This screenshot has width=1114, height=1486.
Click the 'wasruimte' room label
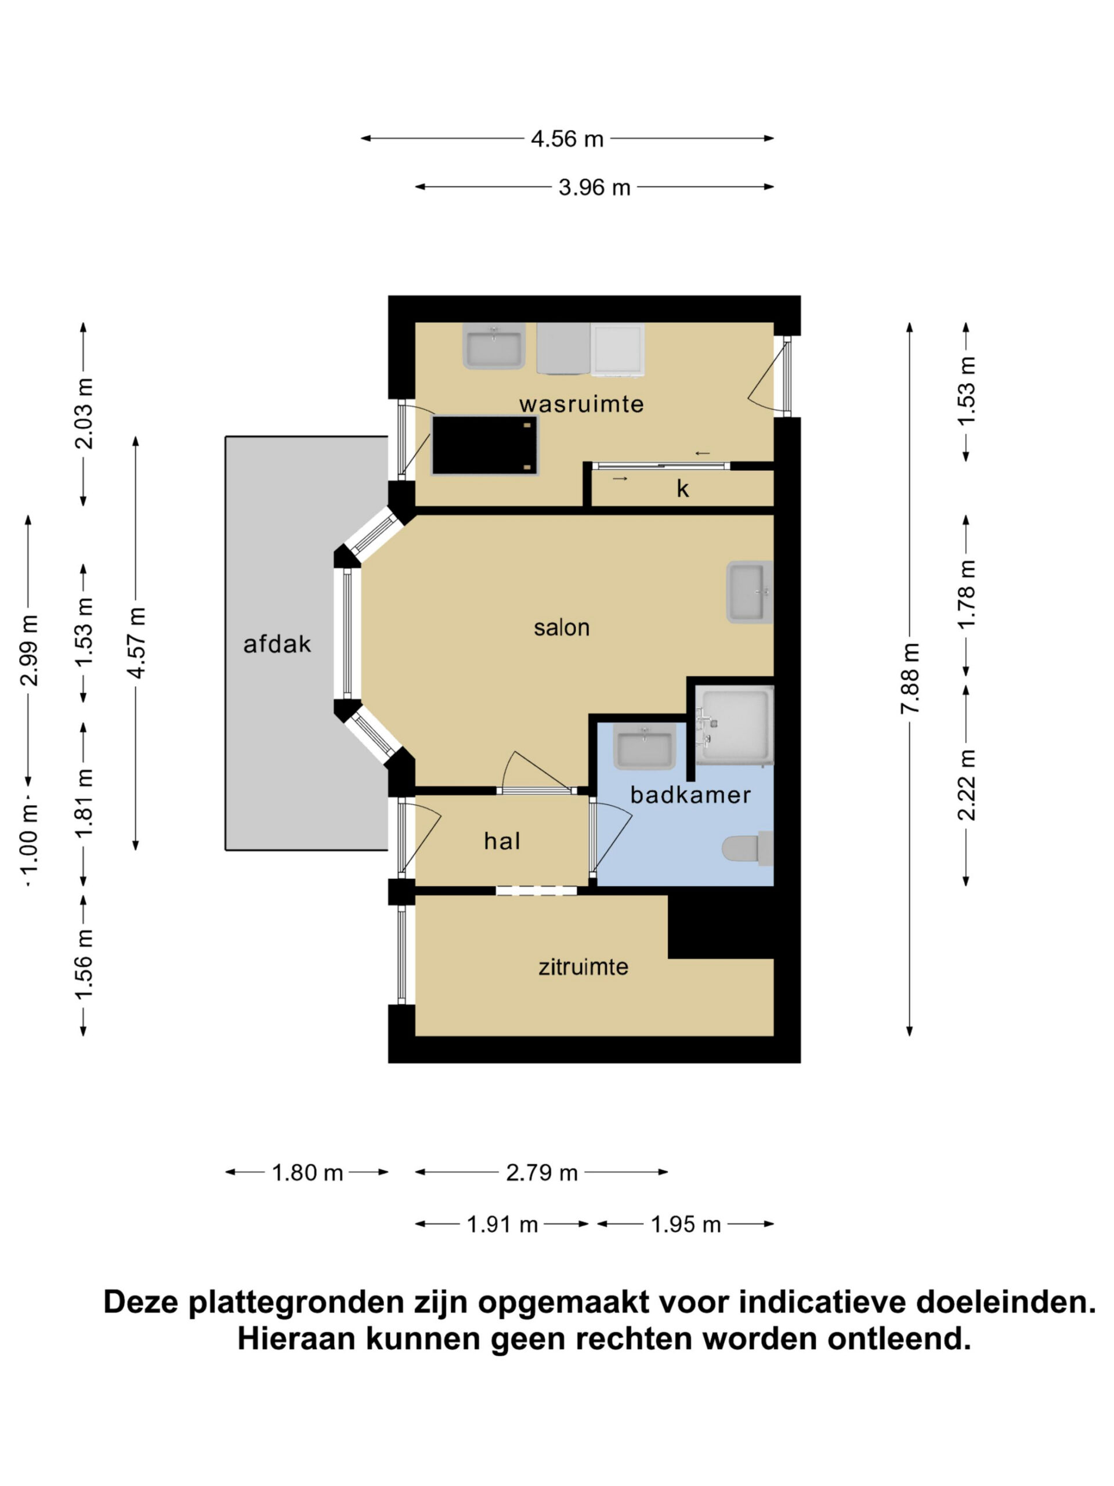pos(581,404)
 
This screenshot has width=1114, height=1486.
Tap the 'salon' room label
pos(562,627)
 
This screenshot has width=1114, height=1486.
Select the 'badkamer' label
pos(690,795)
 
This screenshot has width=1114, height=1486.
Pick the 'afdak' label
pos(277,644)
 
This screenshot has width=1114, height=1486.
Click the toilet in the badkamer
pos(747,849)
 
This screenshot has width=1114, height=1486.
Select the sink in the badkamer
pos(644,748)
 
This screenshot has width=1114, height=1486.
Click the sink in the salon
pos(750,592)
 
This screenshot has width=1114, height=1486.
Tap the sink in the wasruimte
pos(494,346)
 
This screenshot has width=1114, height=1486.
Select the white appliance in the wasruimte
pos(618,348)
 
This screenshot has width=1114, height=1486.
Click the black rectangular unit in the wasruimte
pos(484,445)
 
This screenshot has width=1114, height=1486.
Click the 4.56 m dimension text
pos(567,139)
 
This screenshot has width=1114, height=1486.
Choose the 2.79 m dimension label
pos(541,1173)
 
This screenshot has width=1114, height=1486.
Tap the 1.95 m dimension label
pos(686,1224)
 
